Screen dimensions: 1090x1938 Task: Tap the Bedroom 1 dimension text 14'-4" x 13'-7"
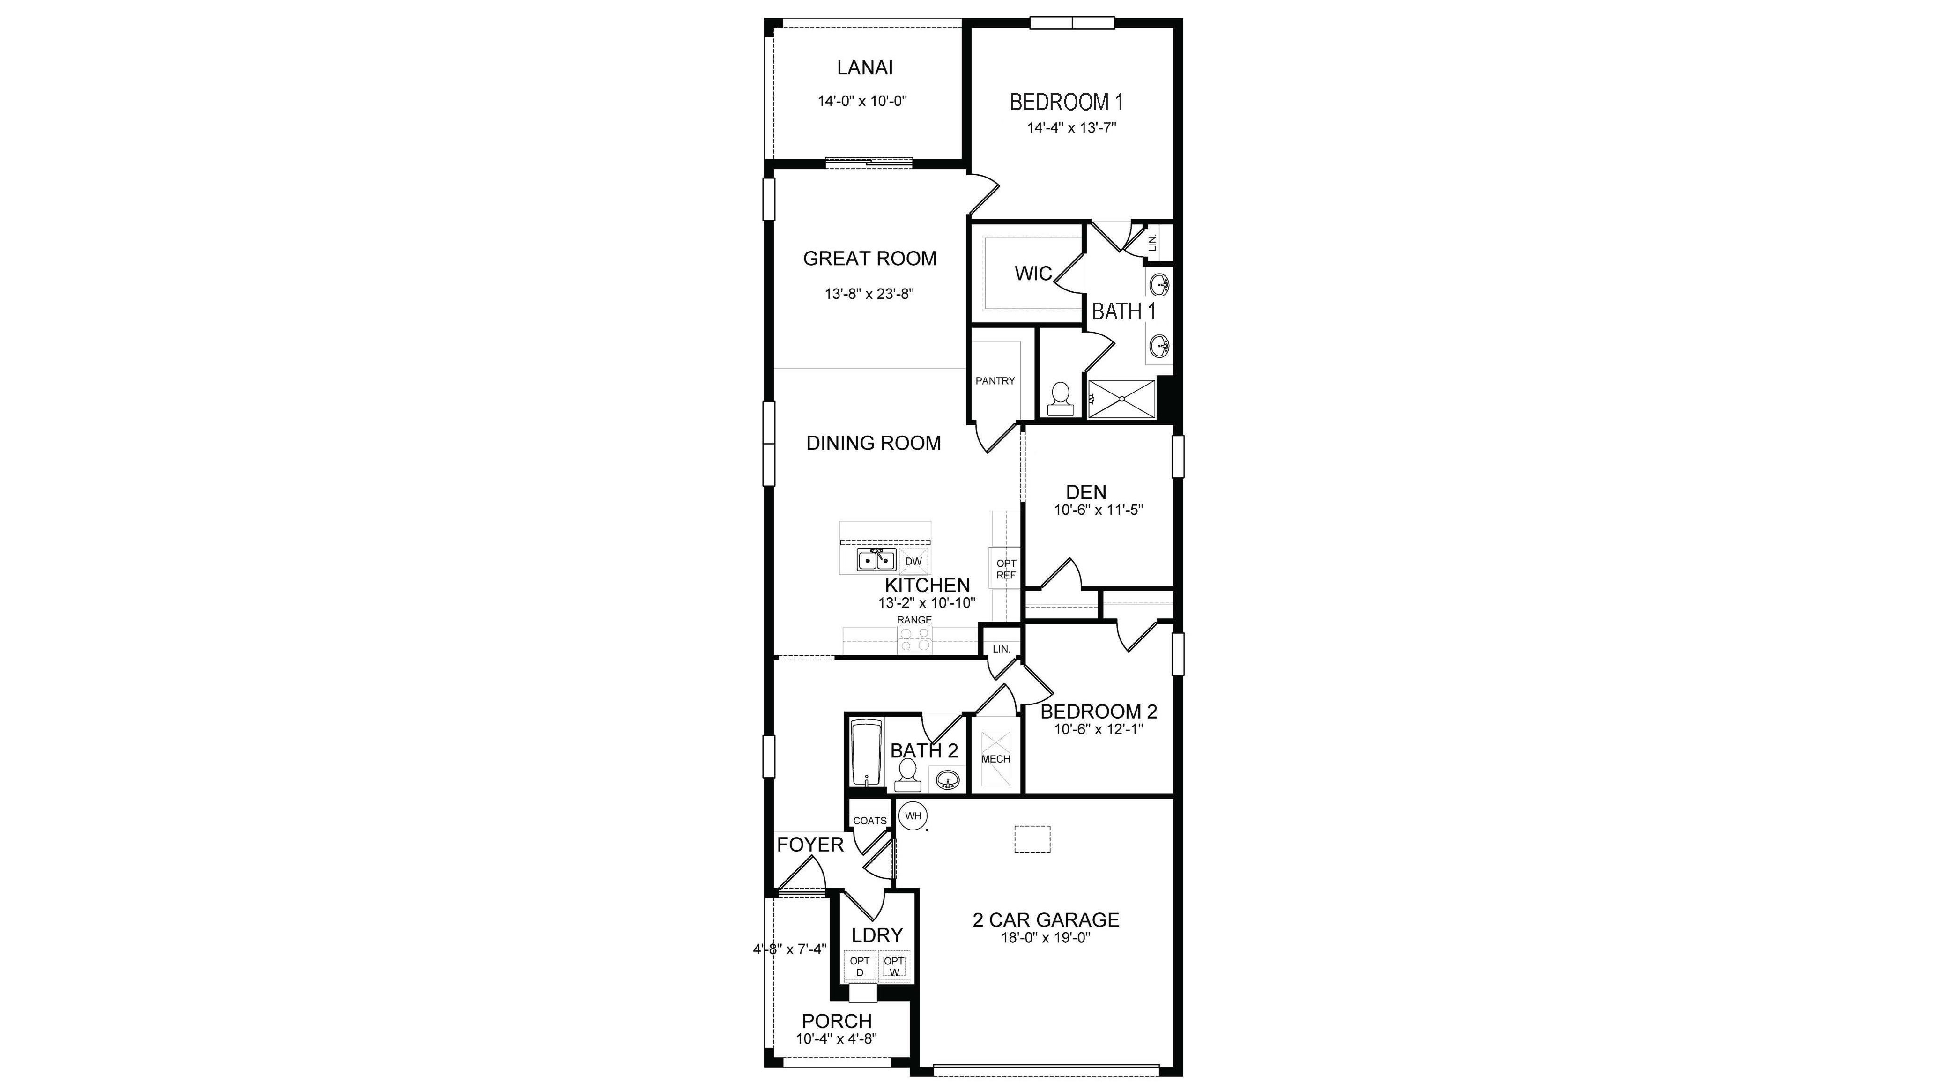1071,128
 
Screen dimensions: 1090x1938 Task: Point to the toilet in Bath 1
1060,399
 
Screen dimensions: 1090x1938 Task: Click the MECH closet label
995,759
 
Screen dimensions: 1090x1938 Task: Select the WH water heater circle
913,816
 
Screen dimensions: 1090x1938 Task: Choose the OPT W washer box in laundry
894,967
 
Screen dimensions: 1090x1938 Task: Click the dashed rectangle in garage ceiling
1032,839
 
